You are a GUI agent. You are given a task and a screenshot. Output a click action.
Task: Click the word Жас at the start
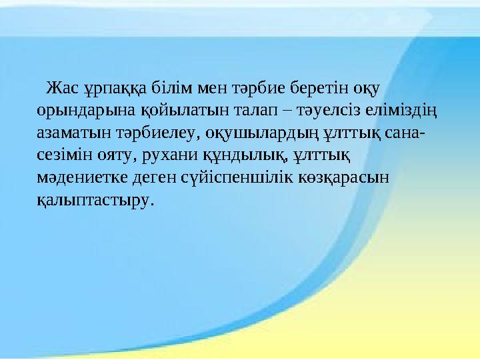[x=59, y=87]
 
